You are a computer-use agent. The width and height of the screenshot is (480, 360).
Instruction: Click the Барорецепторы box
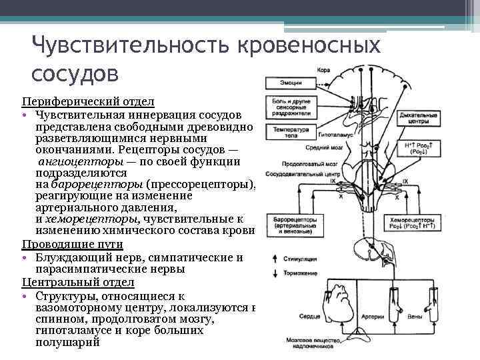click(x=291, y=225)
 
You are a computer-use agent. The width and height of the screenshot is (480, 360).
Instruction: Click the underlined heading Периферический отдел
click(x=87, y=101)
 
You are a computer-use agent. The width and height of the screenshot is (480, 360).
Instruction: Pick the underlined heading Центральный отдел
click(x=77, y=282)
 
